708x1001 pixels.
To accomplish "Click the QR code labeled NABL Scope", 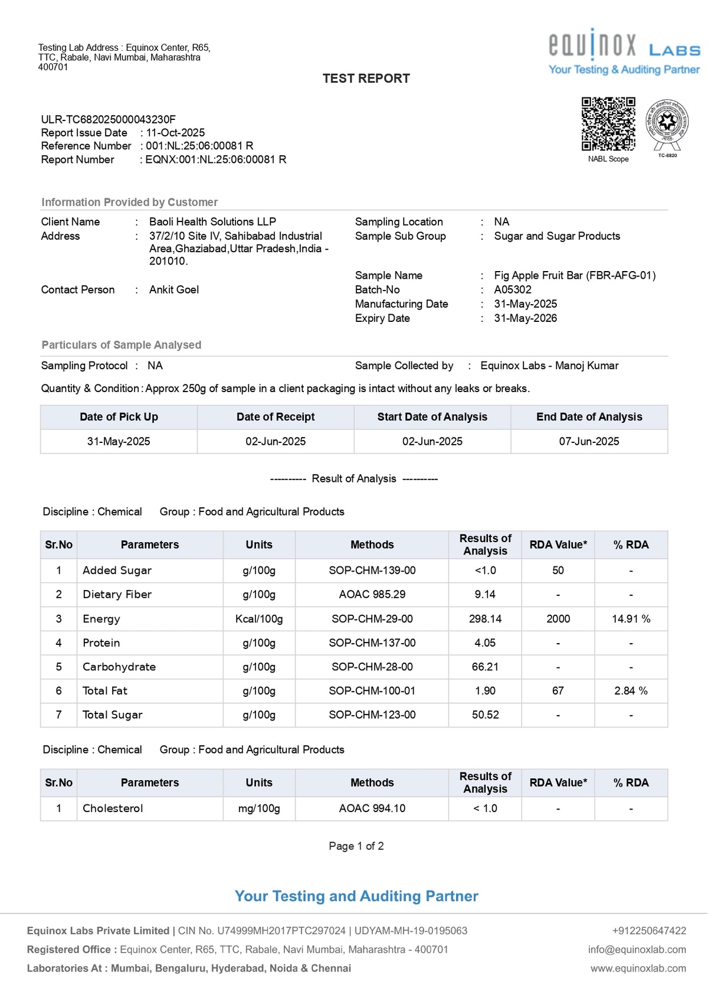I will (x=608, y=124).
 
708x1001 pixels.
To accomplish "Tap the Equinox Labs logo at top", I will (x=624, y=53).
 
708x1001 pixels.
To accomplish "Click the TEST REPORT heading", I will (x=366, y=79).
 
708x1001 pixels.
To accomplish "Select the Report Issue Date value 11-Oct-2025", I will (x=175, y=133).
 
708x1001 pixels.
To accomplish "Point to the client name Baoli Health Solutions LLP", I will (x=212, y=221).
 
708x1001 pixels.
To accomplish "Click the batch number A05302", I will (x=513, y=289).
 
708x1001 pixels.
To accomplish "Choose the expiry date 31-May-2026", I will (x=525, y=318).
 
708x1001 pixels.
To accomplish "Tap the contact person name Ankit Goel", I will (x=174, y=289).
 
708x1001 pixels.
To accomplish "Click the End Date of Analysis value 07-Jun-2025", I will (x=589, y=441).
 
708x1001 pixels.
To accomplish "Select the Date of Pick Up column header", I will (x=119, y=417).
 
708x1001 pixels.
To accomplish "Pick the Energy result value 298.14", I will (x=485, y=619).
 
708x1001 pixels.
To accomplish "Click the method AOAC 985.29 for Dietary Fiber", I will (x=372, y=595).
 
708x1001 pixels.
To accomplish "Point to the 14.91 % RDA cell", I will (x=631, y=619).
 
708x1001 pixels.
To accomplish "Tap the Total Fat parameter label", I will (x=105, y=691).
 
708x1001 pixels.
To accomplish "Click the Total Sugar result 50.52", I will (x=485, y=715).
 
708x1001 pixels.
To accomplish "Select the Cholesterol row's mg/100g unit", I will (x=259, y=808).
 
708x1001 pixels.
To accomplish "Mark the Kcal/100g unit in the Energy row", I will (x=259, y=619).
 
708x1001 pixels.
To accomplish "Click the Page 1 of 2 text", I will (x=356, y=846).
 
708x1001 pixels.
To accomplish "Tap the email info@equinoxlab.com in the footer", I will (x=637, y=950).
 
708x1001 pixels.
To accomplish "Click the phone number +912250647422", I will (x=649, y=931).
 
